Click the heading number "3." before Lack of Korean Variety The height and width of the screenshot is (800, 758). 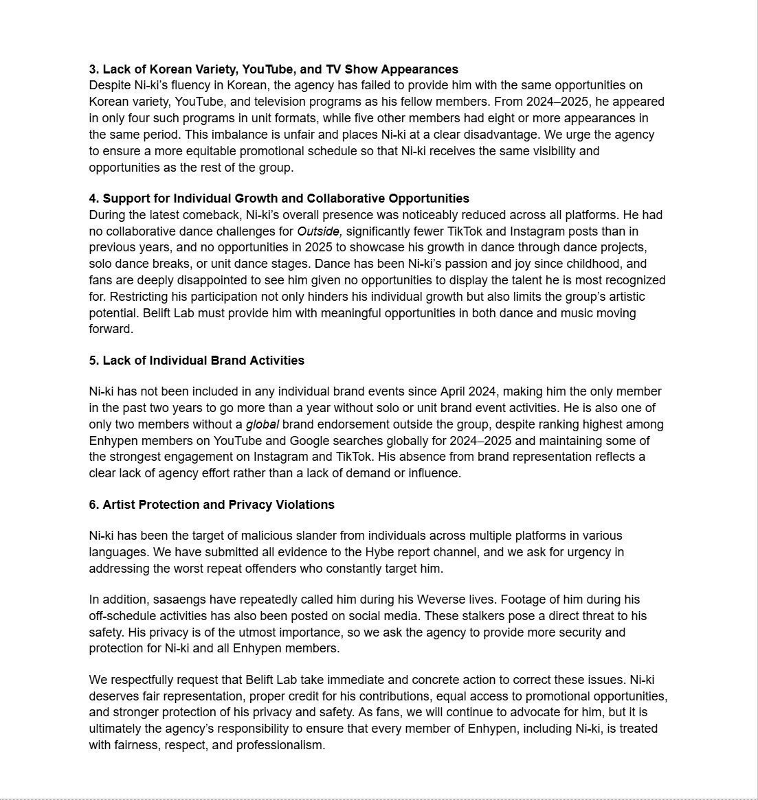pos(94,69)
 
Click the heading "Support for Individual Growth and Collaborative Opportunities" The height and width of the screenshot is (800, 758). pos(286,198)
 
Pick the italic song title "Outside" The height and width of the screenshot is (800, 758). pos(320,231)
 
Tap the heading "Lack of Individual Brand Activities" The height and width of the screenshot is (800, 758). pos(203,361)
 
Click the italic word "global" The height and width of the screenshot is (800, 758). pos(262,424)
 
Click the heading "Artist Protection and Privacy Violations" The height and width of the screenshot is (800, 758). pos(219,505)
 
